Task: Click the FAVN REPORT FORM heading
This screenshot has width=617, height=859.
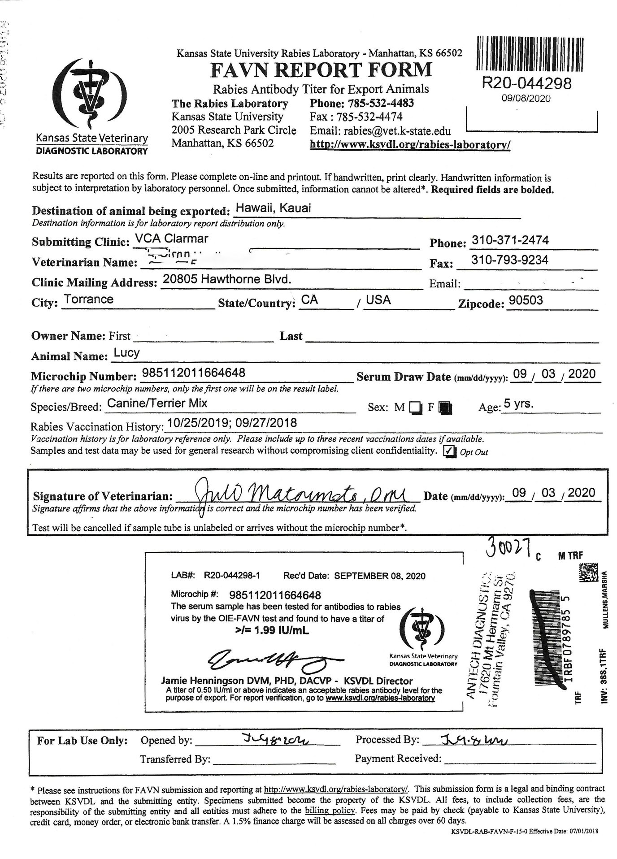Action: pos(321,70)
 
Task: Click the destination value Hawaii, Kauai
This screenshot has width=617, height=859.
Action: pos(273,208)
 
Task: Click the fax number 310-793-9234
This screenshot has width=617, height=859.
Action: pos(510,260)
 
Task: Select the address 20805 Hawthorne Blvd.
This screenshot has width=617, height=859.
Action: pos(227,279)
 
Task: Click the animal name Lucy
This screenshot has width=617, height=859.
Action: pos(127,353)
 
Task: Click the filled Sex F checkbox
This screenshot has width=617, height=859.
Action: pos(445,408)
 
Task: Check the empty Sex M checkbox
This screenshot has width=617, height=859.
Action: pos(415,408)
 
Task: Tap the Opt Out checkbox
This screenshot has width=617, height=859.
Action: pos(449,451)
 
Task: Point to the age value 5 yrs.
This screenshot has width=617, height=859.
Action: pos(519,403)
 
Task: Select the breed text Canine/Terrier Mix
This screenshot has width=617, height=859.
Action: pos(157,403)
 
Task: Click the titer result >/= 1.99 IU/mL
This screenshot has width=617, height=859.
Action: pos(272,630)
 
